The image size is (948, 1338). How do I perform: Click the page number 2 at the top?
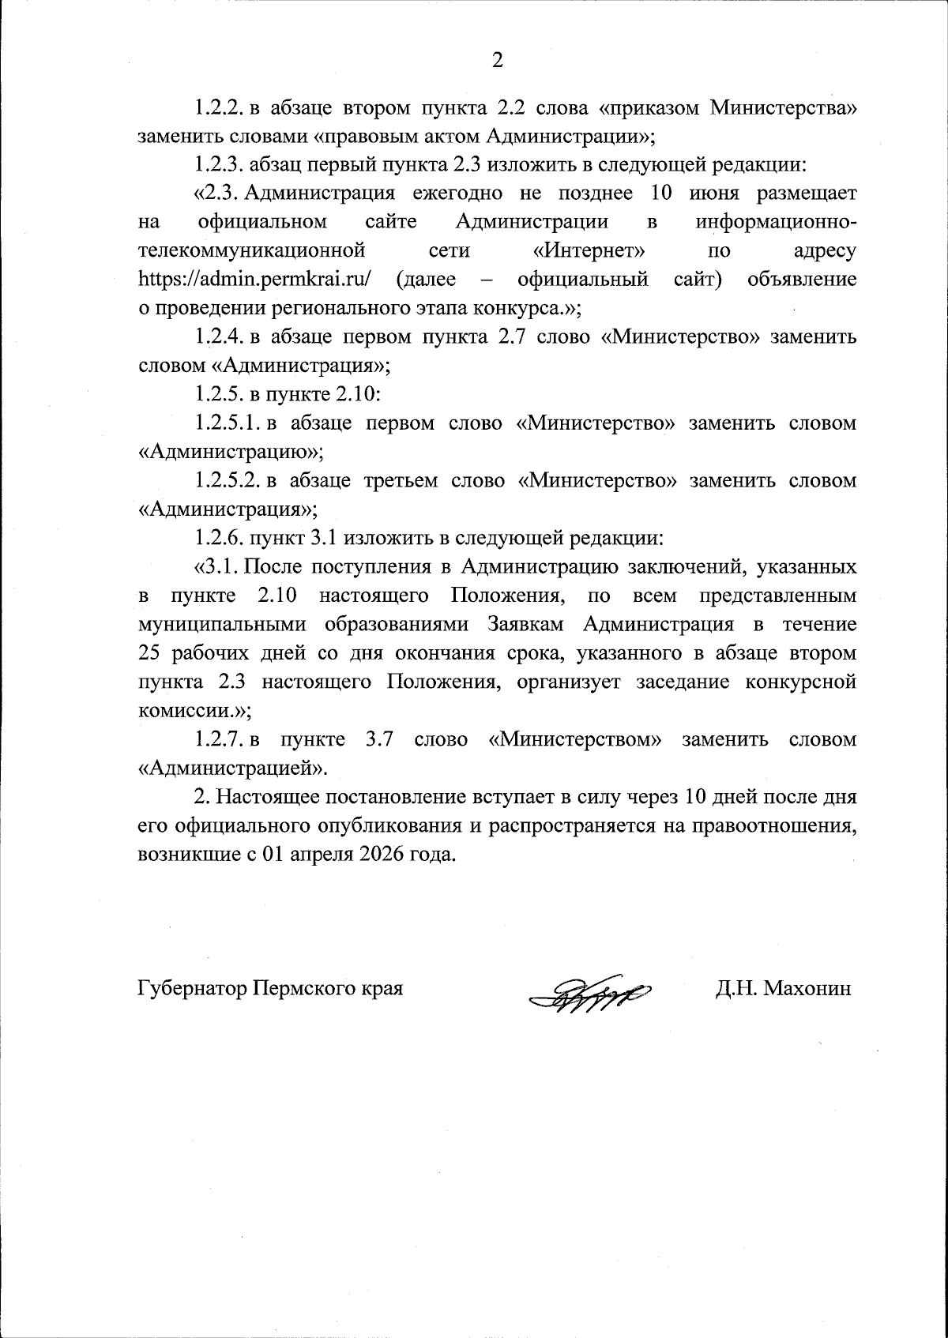[x=497, y=60]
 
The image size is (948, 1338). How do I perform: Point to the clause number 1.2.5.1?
[x=228, y=423]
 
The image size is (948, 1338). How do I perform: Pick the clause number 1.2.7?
[x=220, y=740]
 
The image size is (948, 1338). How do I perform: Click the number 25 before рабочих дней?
[x=150, y=653]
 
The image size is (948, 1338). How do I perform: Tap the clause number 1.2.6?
[x=220, y=539]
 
